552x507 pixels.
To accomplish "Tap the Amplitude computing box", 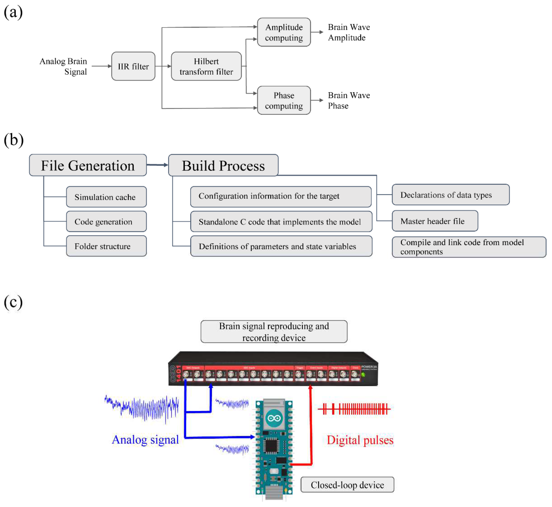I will pos(284,32).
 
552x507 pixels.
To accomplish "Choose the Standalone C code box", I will pos(281,221).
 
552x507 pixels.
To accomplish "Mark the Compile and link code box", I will pos(469,247).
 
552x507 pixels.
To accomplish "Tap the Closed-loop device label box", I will pos(347,485).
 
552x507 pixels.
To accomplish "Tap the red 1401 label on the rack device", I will pos(178,373).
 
